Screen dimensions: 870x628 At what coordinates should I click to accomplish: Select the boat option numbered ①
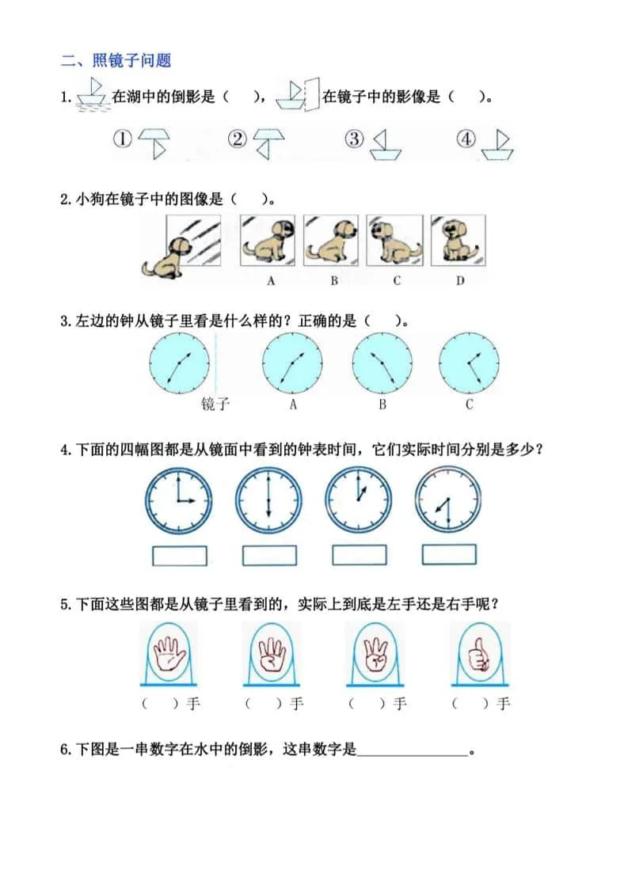[x=154, y=143]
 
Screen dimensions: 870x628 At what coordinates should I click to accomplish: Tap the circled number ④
[x=467, y=139]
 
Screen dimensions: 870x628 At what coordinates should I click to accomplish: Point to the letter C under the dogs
[x=397, y=279]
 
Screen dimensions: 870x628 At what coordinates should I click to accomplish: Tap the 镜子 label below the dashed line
[x=215, y=405]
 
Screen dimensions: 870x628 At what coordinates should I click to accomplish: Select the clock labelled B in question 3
[x=383, y=362]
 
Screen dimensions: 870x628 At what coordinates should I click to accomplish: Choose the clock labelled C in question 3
[x=469, y=362]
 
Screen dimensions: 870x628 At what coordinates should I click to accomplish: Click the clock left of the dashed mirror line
[x=180, y=362]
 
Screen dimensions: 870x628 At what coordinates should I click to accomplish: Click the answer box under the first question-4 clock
[x=180, y=555]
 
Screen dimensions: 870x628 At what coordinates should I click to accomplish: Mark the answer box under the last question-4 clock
[x=449, y=555]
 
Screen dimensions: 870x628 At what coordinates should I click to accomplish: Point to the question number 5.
[x=65, y=604]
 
